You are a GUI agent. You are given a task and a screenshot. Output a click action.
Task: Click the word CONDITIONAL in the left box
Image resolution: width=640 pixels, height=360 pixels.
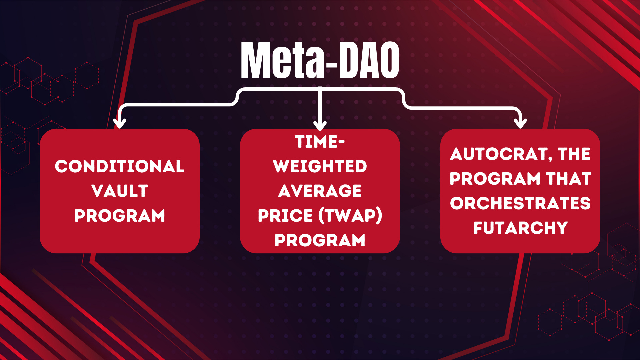120,166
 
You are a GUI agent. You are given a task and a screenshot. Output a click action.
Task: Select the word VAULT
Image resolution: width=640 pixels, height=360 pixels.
120,191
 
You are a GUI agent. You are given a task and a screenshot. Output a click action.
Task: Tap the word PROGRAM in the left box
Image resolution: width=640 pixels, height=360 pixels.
120,216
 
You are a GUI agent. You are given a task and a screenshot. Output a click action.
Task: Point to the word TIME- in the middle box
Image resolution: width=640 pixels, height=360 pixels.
320,142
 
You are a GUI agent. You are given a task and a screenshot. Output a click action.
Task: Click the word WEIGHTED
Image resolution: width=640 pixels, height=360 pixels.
320,166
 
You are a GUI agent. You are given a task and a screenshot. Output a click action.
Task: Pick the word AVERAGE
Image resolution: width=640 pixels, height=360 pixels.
320,191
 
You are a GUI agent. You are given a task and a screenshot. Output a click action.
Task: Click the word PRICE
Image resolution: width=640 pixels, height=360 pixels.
285,216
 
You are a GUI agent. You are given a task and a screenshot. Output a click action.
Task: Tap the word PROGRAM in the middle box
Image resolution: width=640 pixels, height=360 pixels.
320,240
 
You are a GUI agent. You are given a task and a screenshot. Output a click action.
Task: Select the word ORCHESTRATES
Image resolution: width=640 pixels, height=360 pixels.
520,203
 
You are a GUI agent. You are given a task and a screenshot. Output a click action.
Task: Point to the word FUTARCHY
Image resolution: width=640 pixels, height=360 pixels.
520,228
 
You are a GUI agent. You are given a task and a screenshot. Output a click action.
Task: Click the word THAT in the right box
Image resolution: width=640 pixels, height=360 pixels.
569,179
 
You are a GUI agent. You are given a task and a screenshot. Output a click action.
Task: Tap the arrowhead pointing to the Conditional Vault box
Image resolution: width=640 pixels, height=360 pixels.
120,123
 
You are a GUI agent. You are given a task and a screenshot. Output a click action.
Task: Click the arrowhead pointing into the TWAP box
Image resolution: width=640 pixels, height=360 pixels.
320,126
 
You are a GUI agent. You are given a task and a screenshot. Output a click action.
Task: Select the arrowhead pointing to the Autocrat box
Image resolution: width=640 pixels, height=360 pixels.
520,123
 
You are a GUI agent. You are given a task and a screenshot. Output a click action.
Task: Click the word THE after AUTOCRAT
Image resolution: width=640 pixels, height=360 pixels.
574,154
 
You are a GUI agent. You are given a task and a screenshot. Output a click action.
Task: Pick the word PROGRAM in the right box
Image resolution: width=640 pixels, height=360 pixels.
495,179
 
